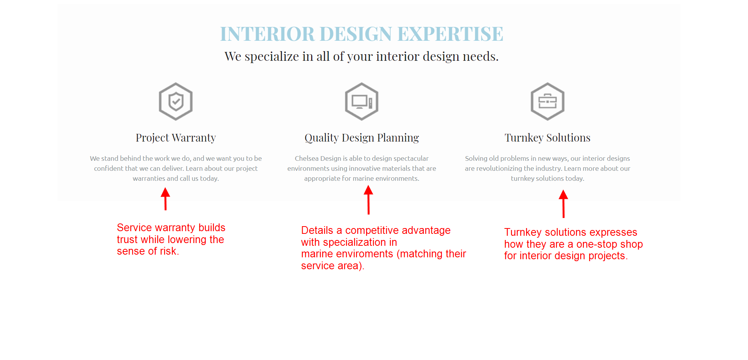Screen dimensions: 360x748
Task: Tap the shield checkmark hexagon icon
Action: (x=176, y=102)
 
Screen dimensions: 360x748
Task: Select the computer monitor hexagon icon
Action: (x=362, y=102)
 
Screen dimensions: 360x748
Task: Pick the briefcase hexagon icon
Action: (x=547, y=102)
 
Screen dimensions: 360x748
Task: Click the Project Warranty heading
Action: (x=176, y=138)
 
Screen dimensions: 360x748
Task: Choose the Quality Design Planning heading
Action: (x=362, y=138)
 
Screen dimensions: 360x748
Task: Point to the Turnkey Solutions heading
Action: (x=547, y=138)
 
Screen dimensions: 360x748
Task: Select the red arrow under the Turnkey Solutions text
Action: (x=563, y=203)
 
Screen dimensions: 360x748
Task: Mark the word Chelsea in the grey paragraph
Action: (x=307, y=158)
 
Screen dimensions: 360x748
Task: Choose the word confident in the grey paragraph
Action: (x=109, y=168)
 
